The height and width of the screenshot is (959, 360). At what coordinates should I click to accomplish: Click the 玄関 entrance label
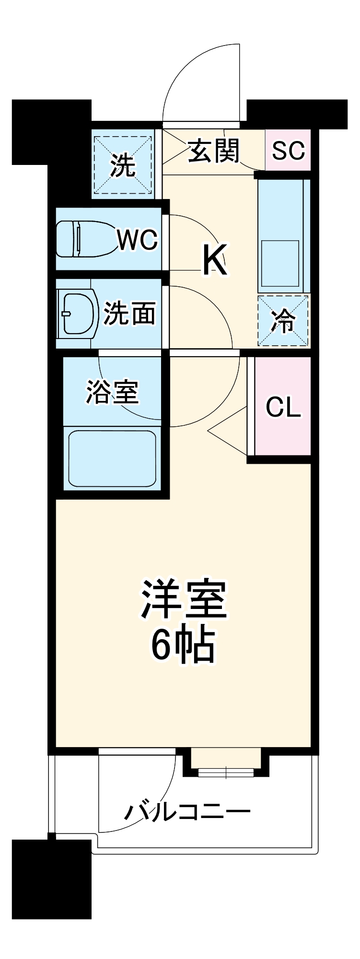point(213,151)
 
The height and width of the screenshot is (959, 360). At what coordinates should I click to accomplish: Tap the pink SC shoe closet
point(288,150)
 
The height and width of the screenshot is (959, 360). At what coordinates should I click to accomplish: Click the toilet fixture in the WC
point(86,239)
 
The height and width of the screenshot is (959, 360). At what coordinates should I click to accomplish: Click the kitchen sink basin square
point(280,263)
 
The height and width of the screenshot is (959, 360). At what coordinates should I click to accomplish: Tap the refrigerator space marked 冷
point(283,320)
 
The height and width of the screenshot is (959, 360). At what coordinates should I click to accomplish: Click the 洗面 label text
point(130,314)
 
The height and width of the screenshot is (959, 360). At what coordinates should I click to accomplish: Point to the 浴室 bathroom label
point(113,392)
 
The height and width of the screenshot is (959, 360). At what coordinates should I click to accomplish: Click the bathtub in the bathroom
point(113,458)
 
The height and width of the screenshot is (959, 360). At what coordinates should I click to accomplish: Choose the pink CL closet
point(283,406)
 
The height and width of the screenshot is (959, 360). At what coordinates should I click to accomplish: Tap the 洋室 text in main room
point(184,600)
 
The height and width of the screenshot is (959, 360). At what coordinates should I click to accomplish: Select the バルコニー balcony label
point(187,811)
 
